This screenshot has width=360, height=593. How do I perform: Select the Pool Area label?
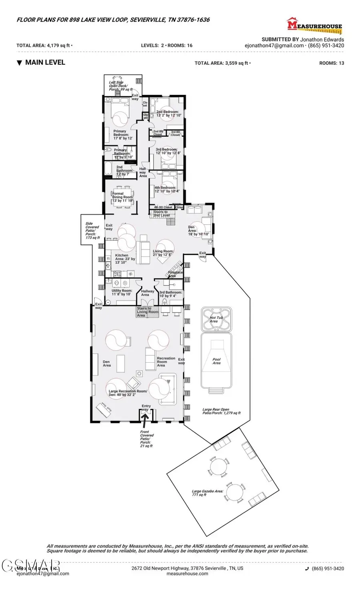(x=216, y=361)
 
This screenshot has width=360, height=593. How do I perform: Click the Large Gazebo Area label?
(x=207, y=493)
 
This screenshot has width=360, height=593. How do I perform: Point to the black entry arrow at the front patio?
(x=145, y=418)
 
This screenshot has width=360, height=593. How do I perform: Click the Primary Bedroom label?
(x=120, y=135)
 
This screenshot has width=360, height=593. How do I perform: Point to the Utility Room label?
(x=122, y=292)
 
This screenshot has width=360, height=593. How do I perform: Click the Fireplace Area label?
(x=175, y=274)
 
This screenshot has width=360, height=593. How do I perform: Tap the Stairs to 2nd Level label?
(x=161, y=214)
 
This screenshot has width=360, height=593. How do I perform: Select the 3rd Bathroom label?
(x=171, y=294)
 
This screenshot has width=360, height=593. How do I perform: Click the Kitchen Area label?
(x=125, y=259)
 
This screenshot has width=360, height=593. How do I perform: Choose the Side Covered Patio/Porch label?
(x=92, y=231)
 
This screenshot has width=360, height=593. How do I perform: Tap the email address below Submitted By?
(x=274, y=46)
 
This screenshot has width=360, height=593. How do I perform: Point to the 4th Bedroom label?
(x=167, y=189)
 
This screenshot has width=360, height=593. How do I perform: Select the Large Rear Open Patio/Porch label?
(x=221, y=411)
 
